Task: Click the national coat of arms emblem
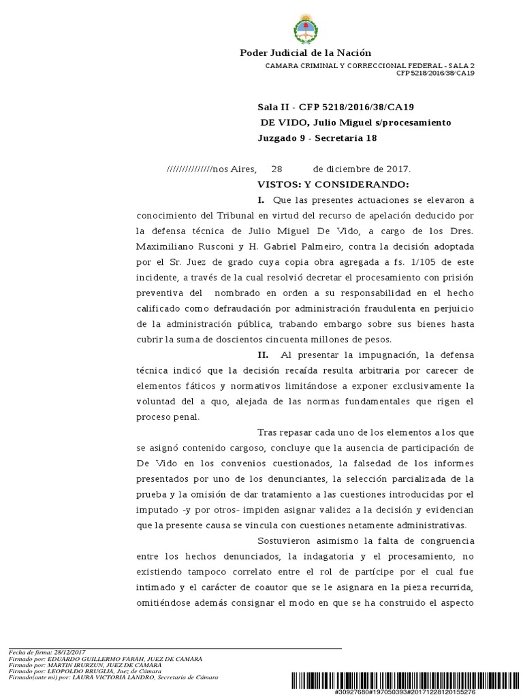305,29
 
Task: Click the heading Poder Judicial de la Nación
305,53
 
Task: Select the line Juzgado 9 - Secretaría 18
317,137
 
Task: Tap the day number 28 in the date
276,169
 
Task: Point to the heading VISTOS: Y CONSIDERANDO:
333,184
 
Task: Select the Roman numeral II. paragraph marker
263,355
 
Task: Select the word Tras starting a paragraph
268,432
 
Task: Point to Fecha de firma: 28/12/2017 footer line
46,653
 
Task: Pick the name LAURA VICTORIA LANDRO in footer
114,677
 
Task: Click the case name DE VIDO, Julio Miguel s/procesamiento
356,123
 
